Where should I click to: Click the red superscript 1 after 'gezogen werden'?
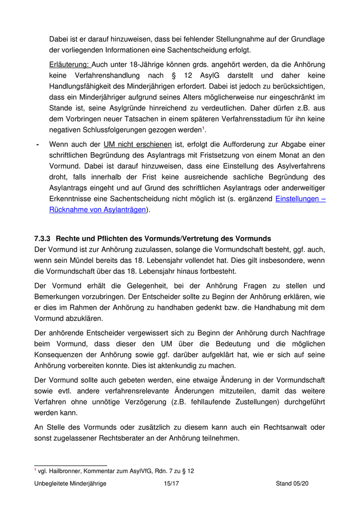click(204, 129)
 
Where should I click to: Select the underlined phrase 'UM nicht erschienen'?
click(137, 144)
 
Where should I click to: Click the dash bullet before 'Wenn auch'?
click(38, 144)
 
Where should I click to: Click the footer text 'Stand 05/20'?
click(292, 484)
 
